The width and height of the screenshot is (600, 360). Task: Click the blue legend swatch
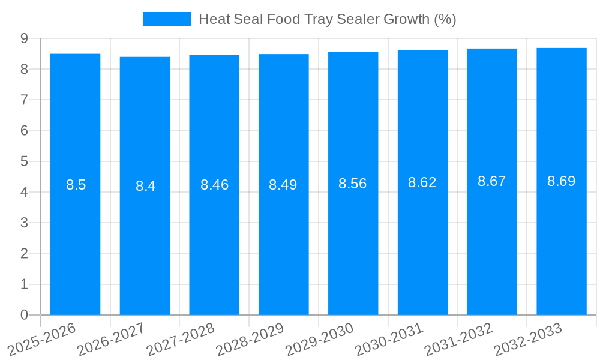click(167, 19)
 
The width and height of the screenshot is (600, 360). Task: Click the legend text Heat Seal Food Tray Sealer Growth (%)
click(327, 19)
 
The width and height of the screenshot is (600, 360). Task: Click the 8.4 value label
click(145, 186)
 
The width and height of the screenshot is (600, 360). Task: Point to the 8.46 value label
click(214, 185)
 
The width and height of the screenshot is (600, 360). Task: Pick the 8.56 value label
click(353, 184)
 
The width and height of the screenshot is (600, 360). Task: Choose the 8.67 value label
click(492, 181)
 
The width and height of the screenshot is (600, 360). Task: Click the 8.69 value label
click(562, 181)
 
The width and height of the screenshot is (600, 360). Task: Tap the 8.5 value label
click(76, 185)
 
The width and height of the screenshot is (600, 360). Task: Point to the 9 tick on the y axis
click(24, 38)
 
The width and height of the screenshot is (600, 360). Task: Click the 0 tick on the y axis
click(24, 315)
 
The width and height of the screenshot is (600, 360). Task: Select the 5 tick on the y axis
click(24, 161)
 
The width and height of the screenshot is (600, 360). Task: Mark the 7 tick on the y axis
click(24, 100)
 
